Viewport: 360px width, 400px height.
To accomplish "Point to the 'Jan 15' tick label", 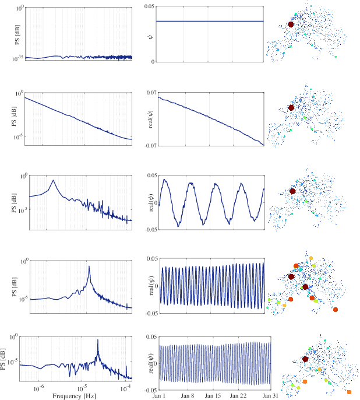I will point(214,395).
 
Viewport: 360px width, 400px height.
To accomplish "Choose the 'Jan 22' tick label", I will point(241,395).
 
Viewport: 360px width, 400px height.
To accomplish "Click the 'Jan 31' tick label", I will point(269,395).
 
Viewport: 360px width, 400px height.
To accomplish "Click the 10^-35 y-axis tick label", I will point(16,59).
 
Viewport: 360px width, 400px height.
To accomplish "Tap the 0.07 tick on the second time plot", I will point(149,93).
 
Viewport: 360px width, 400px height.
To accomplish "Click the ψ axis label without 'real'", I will point(150,33).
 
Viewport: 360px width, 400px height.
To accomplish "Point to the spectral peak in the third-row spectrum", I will point(54,180).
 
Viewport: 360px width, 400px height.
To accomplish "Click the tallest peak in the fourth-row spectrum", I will point(89,266).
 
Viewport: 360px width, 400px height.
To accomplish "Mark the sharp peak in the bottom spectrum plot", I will point(97,340).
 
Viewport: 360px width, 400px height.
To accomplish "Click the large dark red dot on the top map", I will point(291,24).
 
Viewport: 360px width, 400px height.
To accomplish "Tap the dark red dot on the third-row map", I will point(292,191).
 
